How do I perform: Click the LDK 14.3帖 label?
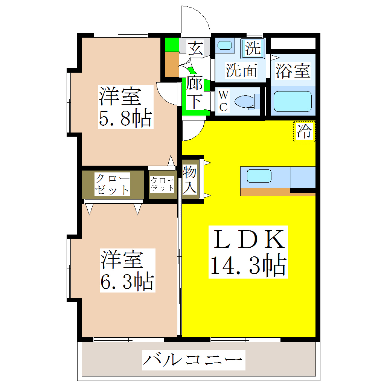pyautogui.click(x=248, y=252)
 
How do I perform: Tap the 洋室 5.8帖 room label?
pyautogui.click(x=125, y=107)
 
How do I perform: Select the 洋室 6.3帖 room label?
pyautogui.click(x=127, y=270)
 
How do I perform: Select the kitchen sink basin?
pyautogui.click(x=259, y=176)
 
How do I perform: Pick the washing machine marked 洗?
pyautogui.click(x=253, y=47)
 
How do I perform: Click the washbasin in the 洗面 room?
pyautogui.click(x=225, y=46)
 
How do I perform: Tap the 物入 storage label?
pyautogui.click(x=190, y=180)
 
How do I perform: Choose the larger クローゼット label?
pyautogui.click(x=112, y=184)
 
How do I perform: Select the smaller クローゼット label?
pyautogui.click(x=162, y=184)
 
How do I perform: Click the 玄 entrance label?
pyautogui.click(x=196, y=48)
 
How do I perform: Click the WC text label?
pyautogui.click(x=223, y=101)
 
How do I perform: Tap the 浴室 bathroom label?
pyautogui.click(x=293, y=71)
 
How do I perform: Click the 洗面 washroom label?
pyautogui.click(x=241, y=70)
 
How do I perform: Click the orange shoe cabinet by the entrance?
pyautogui.click(x=172, y=64)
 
